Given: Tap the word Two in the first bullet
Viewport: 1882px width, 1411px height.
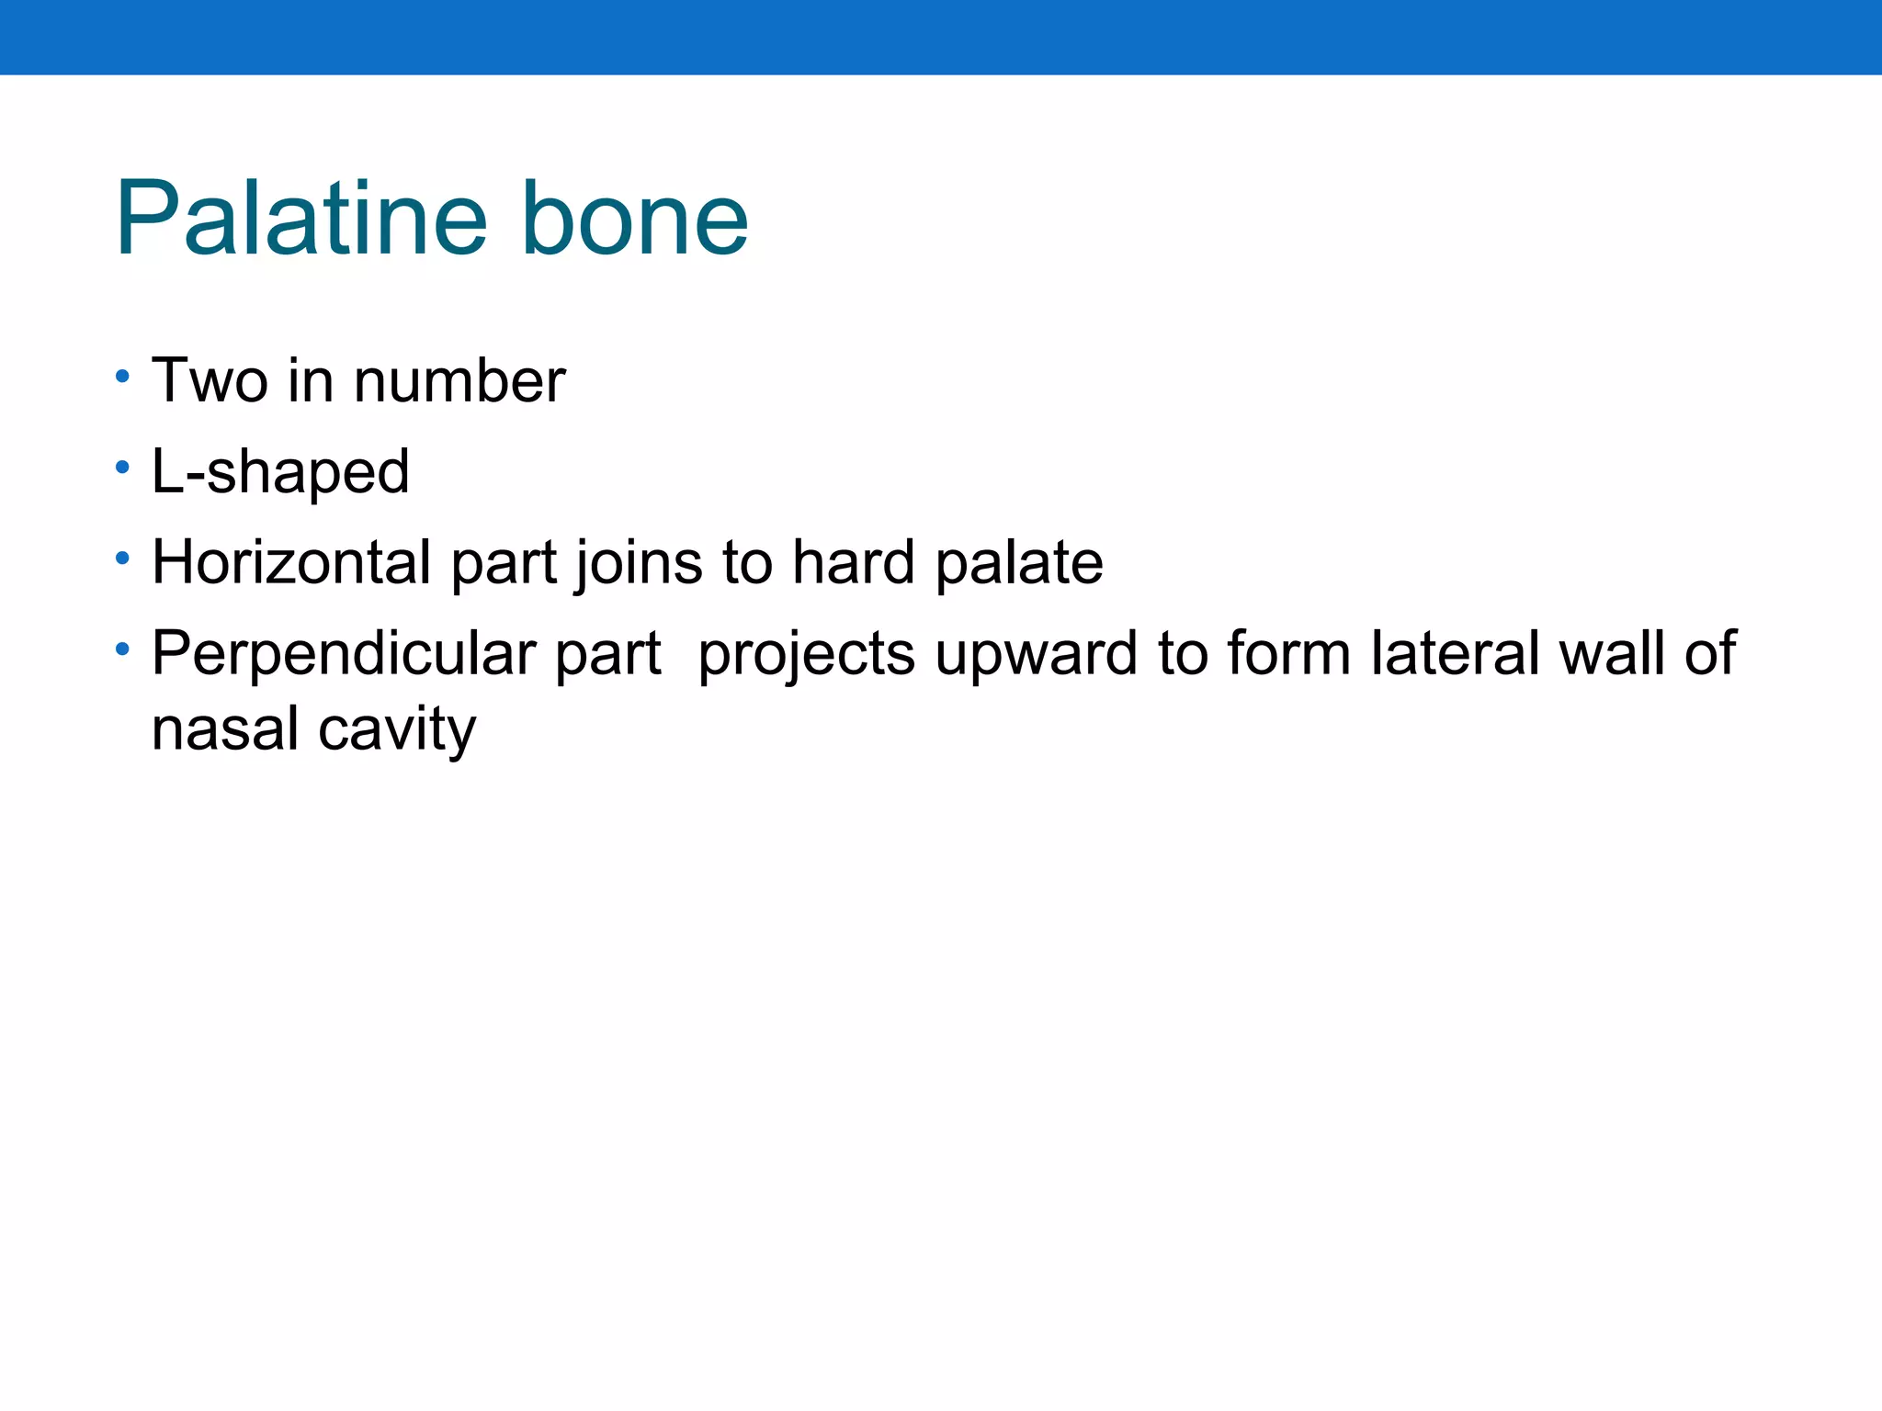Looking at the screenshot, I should [210, 380].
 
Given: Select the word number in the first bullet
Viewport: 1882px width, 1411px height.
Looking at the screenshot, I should [459, 380].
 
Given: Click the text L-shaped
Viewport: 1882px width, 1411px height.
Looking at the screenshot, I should [280, 472].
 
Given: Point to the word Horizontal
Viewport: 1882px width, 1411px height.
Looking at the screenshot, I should [291, 562].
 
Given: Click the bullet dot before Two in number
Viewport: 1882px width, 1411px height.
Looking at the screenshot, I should [122, 377].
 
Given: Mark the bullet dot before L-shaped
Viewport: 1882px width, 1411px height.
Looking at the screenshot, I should [122, 468].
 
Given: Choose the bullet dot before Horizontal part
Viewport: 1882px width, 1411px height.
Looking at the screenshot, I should [122, 559].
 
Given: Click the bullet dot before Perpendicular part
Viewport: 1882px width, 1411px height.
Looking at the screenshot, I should [122, 649].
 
